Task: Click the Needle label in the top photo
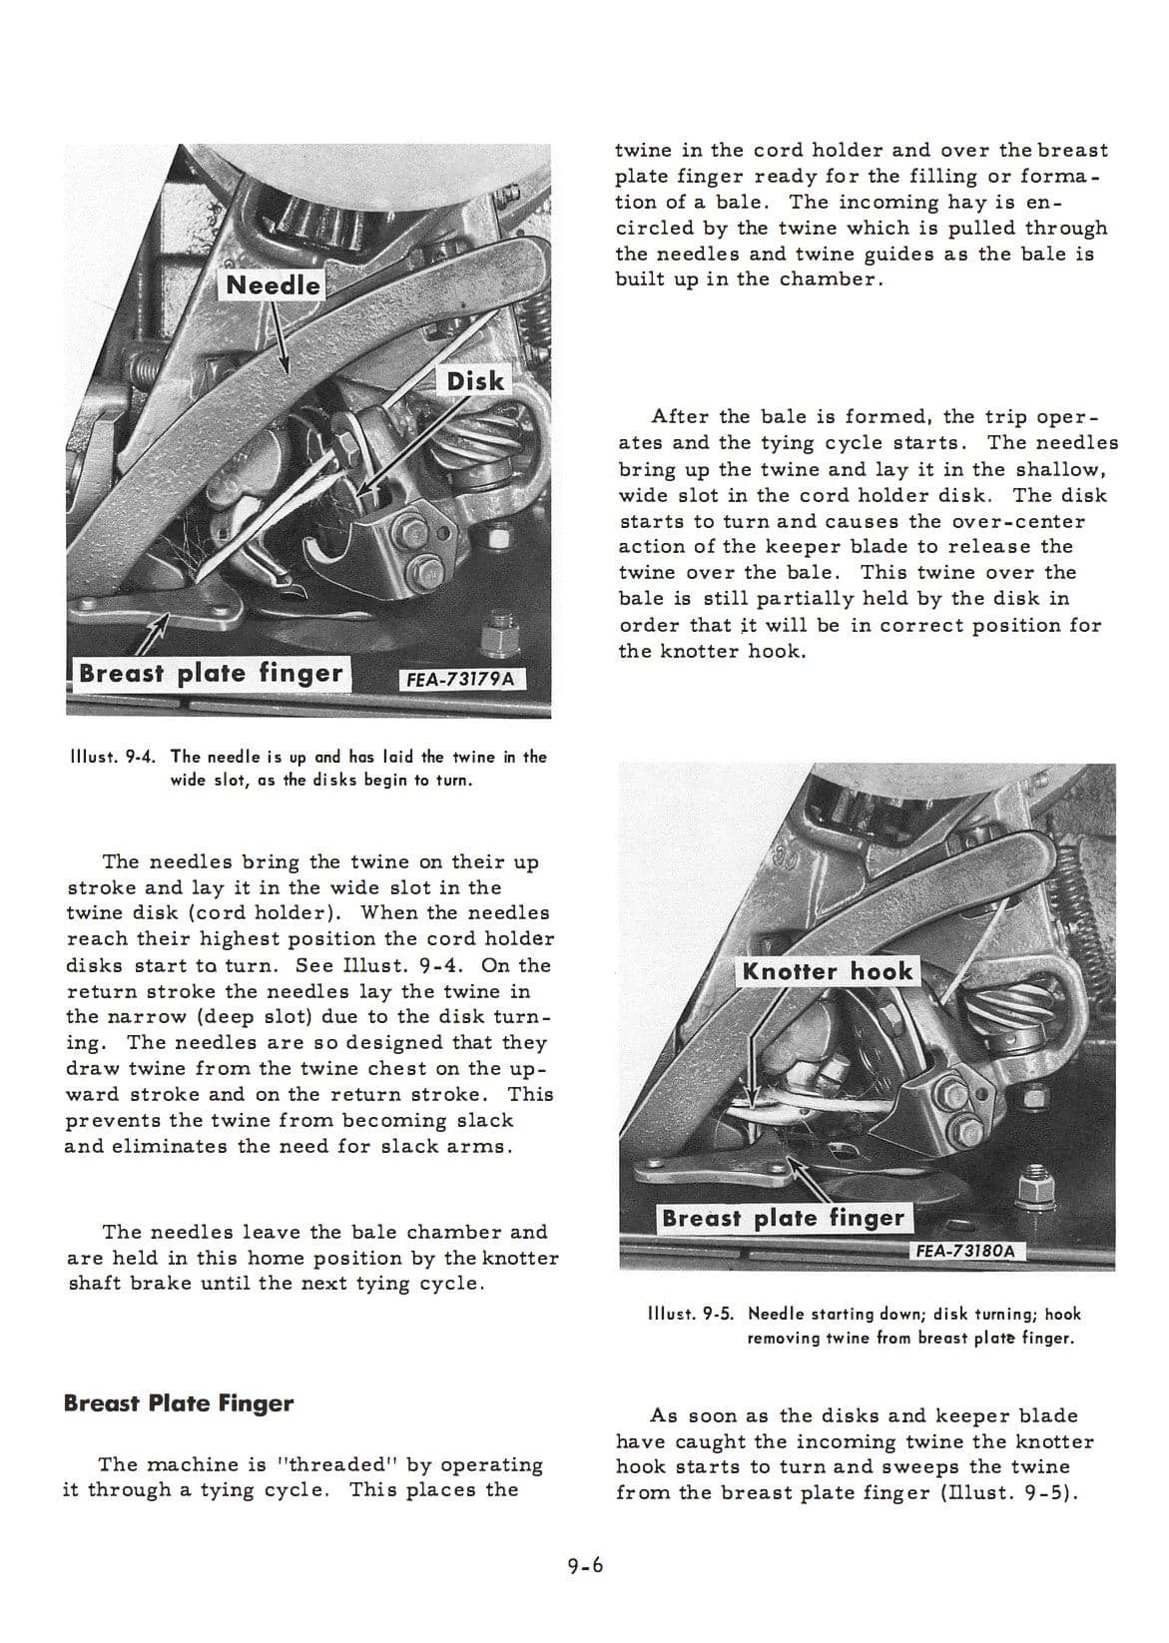click(x=273, y=284)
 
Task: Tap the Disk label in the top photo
click(x=475, y=380)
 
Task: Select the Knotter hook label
click(x=827, y=971)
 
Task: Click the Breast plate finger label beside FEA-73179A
click(x=210, y=673)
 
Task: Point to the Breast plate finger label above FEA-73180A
click(x=783, y=1218)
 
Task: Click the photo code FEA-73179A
click(x=461, y=679)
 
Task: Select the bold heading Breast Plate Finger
click(x=179, y=1403)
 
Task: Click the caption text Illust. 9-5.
click(x=693, y=1315)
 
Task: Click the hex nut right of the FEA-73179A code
click(x=496, y=634)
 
